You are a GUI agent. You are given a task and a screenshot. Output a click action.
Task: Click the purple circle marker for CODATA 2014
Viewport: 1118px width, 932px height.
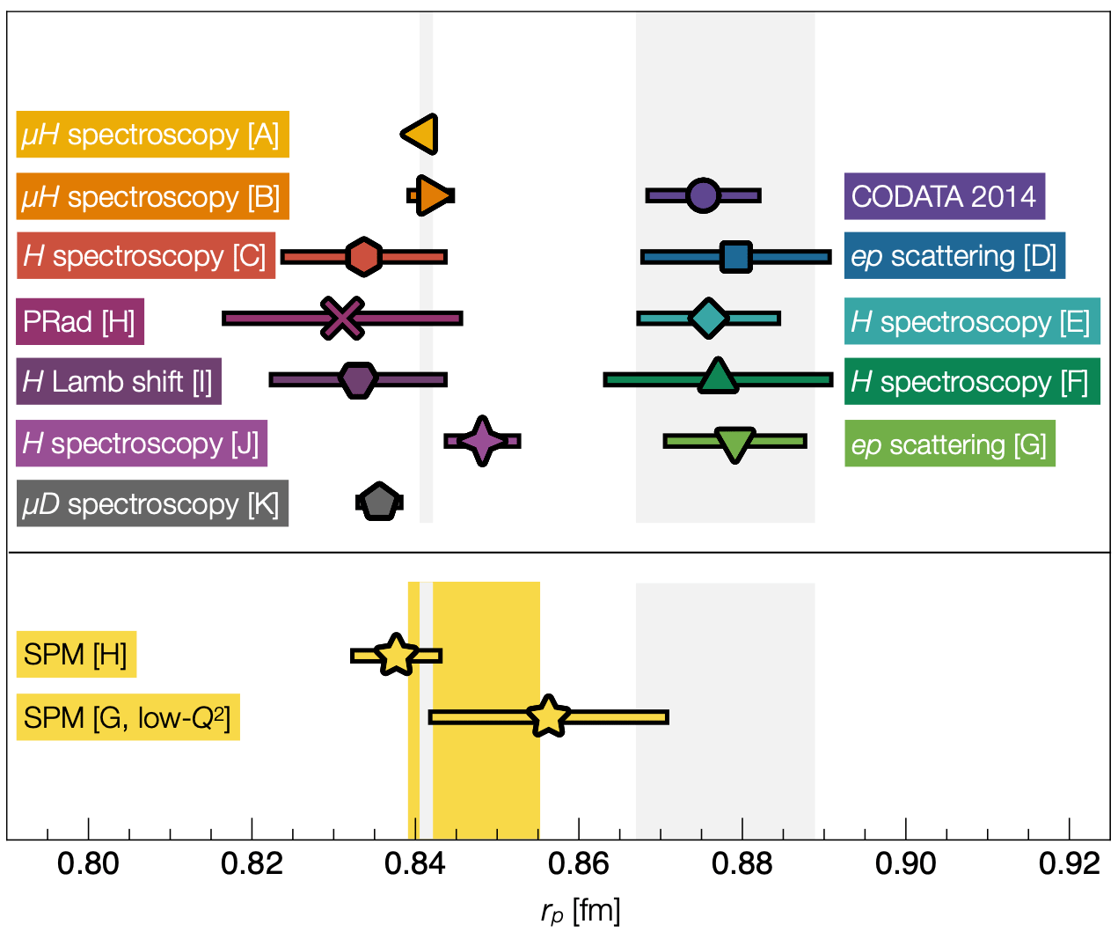(703, 194)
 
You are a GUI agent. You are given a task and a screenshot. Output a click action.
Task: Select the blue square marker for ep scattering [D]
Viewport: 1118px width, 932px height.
(735, 257)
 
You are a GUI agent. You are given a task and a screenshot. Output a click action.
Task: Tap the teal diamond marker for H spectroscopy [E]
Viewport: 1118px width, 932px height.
(709, 318)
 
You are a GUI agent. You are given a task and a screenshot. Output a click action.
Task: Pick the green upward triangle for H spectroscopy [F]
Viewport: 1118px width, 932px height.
(718, 377)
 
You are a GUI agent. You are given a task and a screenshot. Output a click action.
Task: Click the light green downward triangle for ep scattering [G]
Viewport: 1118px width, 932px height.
(734, 444)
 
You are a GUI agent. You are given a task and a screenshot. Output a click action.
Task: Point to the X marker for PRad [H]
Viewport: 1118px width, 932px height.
(342, 318)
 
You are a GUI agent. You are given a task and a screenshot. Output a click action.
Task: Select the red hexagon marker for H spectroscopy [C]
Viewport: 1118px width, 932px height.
(363, 257)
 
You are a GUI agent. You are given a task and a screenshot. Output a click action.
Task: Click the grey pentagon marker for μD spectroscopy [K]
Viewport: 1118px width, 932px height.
(379, 502)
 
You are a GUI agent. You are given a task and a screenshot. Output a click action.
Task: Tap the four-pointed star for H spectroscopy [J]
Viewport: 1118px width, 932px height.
(482, 441)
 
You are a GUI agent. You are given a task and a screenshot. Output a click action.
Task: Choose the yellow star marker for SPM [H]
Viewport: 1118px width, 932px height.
(396, 656)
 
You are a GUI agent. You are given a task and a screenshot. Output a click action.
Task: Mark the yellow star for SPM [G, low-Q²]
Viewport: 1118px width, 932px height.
(549, 716)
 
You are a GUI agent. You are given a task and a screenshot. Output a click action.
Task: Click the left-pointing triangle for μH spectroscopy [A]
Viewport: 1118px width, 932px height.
(420, 134)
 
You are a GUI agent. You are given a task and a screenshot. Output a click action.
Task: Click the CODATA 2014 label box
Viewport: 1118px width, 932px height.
(944, 195)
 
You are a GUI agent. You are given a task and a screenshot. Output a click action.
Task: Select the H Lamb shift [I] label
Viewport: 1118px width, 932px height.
(118, 382)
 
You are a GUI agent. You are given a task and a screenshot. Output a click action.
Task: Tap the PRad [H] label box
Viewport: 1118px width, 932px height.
(80, 321)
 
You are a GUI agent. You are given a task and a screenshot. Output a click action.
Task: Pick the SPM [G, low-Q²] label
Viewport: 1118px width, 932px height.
(128, 717)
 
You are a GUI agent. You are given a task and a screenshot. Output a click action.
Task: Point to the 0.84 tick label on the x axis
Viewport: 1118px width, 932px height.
(415, 864)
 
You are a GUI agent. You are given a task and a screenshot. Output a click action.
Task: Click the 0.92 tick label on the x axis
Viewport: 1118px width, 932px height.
(1069, 864)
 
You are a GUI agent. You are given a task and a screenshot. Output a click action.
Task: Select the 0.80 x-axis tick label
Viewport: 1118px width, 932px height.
(88, 864)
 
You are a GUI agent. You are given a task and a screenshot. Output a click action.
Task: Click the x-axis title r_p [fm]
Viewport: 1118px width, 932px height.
(580, 912)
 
